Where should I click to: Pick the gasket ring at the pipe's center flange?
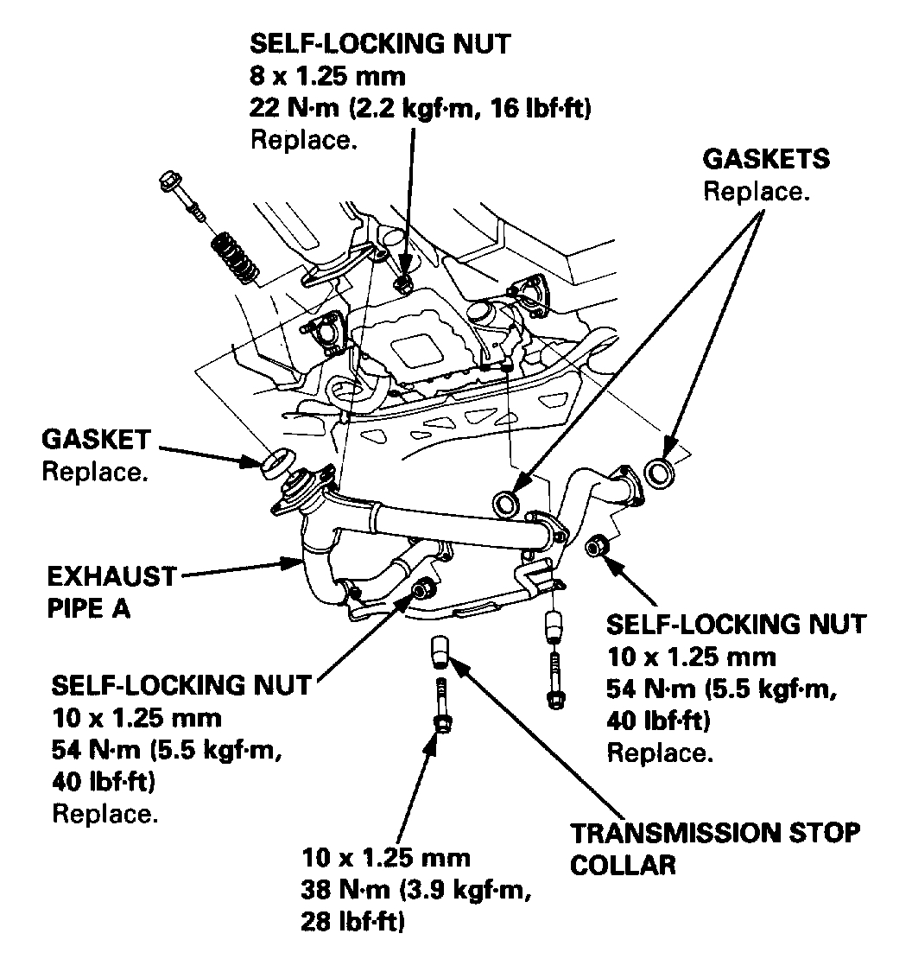[x=504, y=501]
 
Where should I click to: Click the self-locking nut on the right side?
[x=595, y=545]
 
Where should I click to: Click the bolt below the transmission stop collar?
[x=441, y=708]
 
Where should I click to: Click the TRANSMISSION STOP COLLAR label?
[x=716, y=848]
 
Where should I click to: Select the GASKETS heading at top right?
[x=766, y=160]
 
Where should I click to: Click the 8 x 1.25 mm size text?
[x=327, y=76]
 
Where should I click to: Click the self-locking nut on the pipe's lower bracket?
[x=421, y=589]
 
